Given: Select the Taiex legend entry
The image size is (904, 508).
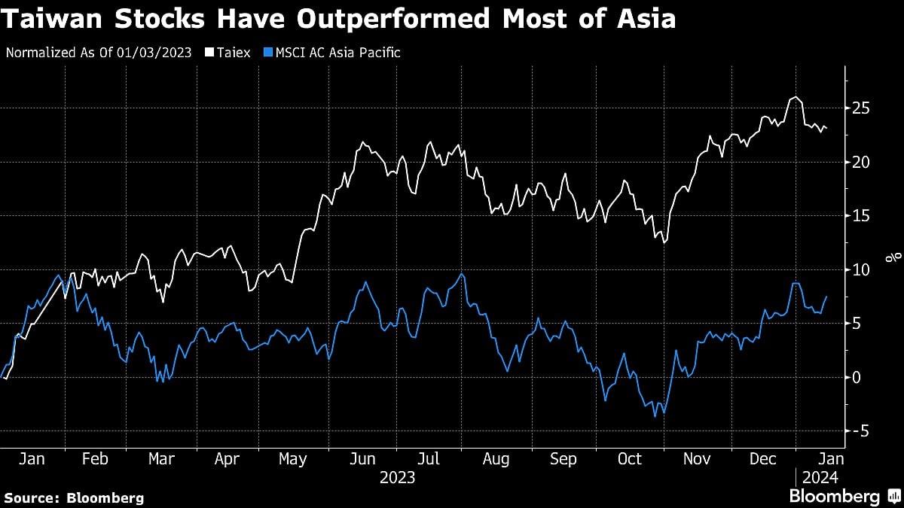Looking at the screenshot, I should click(232, 53).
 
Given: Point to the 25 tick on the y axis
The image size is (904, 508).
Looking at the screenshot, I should click(860, 108).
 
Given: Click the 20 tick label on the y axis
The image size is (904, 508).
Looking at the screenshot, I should click(860, 162).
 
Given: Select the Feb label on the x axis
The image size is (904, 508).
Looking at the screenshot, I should click(95, 458).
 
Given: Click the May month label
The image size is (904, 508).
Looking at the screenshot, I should click(292, 458).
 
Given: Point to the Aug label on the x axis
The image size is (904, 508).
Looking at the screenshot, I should click(495, 458).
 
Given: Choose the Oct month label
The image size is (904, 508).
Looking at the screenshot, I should click(630, 458).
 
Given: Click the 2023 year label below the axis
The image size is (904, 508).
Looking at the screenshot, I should click(397, 476).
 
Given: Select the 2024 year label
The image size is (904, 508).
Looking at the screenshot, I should click(820, 476).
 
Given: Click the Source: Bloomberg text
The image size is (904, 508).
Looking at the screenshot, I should click(74, 497).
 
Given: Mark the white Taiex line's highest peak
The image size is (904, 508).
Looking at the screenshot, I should click(794, 97).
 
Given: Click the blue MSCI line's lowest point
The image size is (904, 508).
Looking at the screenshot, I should click(655, 416).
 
